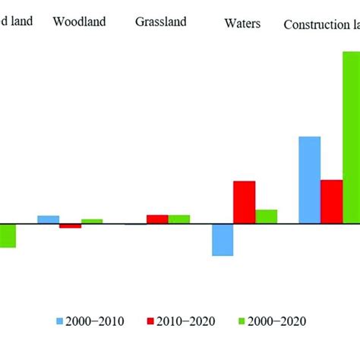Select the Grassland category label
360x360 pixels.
[x=160, y=21]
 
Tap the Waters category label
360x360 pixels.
[x=243, y=24]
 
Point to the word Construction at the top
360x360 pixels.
[x=312, y=24]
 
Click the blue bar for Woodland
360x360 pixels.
[x=48, y=219]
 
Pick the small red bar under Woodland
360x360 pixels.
[x=70, y=226]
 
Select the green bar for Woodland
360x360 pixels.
[x=92, y=222]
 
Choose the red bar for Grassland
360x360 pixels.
[x=157, y=219]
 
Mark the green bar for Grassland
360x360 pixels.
[x=179, y=219]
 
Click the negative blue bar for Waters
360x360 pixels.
[x=223, y=240]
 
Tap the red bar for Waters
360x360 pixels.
[x=244, y=203]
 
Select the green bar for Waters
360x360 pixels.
[x=266, y=216]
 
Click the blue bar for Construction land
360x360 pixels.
[x=310, y=180]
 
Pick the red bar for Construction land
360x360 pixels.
[x=331, y=202]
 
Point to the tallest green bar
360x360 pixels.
[x=351, y=137]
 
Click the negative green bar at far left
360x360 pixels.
[x=8, y=236]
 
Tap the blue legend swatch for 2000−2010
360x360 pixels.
[x=61, y=321]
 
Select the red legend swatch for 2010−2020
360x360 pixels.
[x=150, y=321]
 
